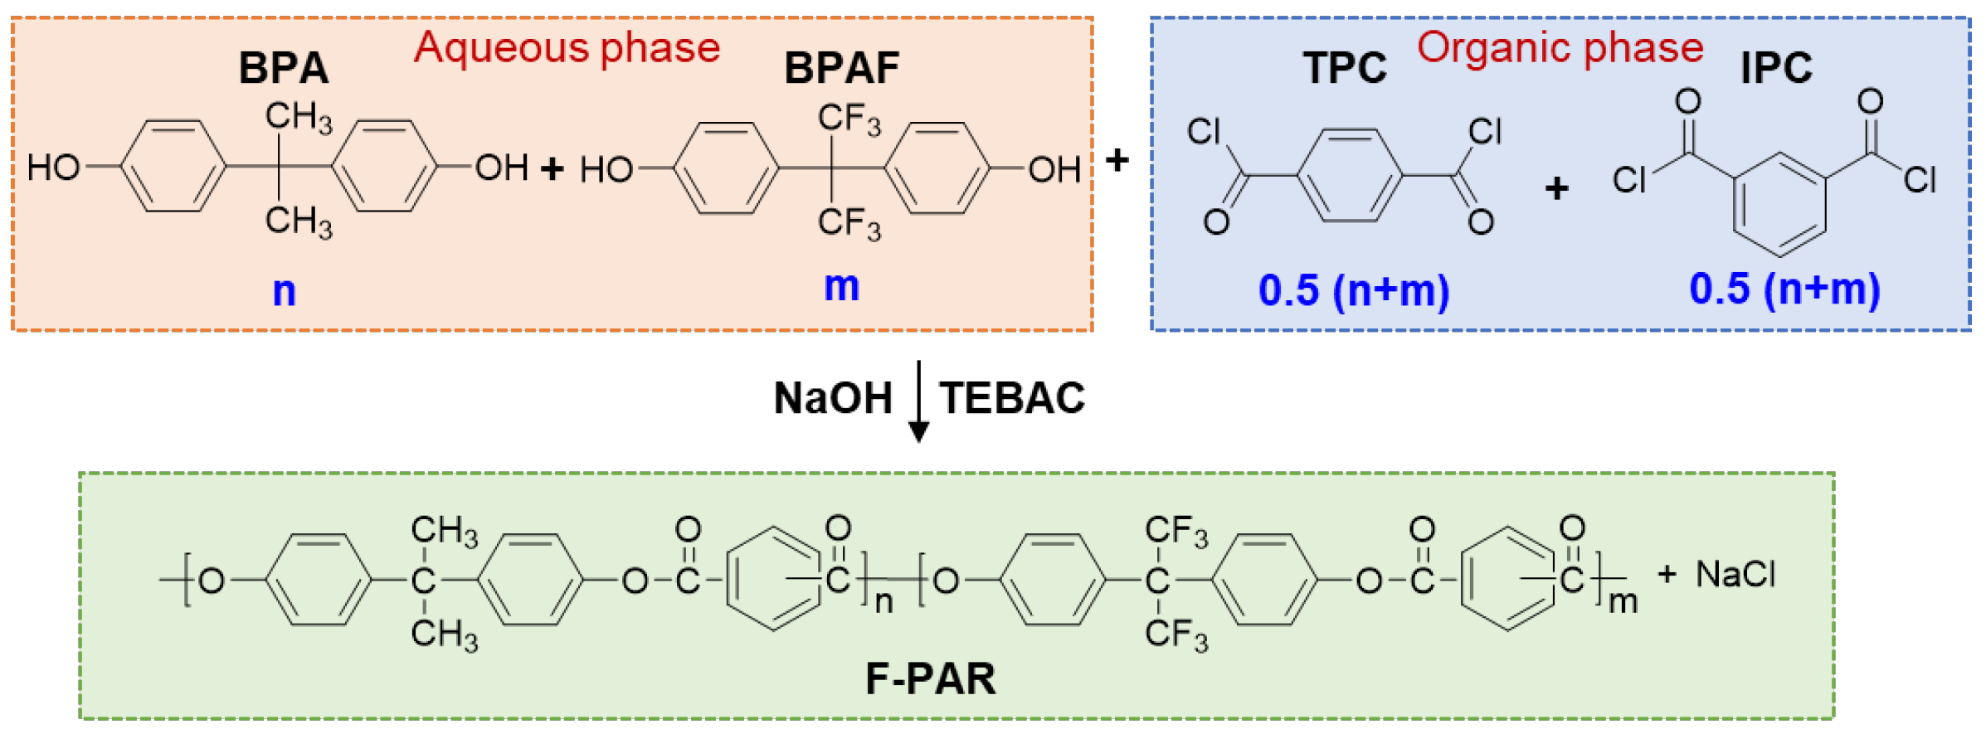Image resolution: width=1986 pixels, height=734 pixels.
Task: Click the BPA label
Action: tap(284, 68)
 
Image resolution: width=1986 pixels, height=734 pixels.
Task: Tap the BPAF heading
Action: tap(842, 68)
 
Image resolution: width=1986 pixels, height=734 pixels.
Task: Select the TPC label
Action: tap(1345, 68)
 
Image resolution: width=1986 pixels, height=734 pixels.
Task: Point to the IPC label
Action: tap(1776, 68)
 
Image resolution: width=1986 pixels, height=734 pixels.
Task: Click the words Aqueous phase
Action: tap(567, 48)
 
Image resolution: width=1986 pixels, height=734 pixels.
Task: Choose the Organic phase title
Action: tap(1560, 48)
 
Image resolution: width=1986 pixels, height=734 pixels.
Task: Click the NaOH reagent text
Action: tap(833, 398)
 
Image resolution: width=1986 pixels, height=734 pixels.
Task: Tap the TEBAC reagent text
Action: tap(1012, 398)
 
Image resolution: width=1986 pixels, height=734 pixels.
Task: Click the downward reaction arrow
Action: tap(918, 401)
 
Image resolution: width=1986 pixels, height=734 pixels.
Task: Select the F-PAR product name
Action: tap(931, 678)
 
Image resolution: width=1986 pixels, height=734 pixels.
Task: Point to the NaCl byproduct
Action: tap(1735, 574)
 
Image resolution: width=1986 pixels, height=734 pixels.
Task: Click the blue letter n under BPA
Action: tap(284, 292)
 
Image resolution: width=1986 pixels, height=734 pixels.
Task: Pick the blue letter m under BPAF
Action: tap(842, 287)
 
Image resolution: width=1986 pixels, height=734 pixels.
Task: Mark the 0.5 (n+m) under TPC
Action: tap(1354, 291)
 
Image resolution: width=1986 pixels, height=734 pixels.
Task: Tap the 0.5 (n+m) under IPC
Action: tap(1784, 289)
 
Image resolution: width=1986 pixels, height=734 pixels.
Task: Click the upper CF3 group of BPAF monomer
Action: tap(849, 119)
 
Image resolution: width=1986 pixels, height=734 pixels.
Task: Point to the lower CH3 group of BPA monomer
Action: tap(299, 222)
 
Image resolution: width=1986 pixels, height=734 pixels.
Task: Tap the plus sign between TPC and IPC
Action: tap(1557, 189)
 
